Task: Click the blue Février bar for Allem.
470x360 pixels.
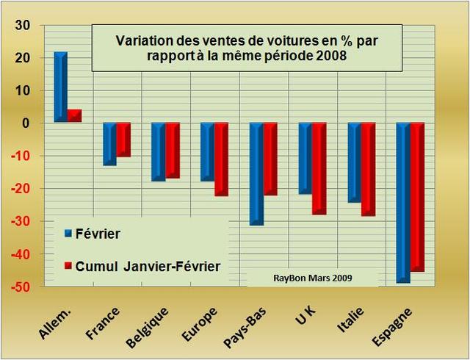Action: coord(60,87)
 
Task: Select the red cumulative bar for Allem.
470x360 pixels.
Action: coord(74,115)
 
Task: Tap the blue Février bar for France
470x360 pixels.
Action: coord(109,144)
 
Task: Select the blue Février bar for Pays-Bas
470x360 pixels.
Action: coord(256,173)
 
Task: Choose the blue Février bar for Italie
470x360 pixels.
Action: coord(354,162)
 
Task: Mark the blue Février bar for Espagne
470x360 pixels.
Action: coord(403,203)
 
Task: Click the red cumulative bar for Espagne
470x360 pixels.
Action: coord(417,197)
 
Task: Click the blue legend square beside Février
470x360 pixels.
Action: coord(68,234)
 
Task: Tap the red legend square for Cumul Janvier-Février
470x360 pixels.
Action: coord(68,264)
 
